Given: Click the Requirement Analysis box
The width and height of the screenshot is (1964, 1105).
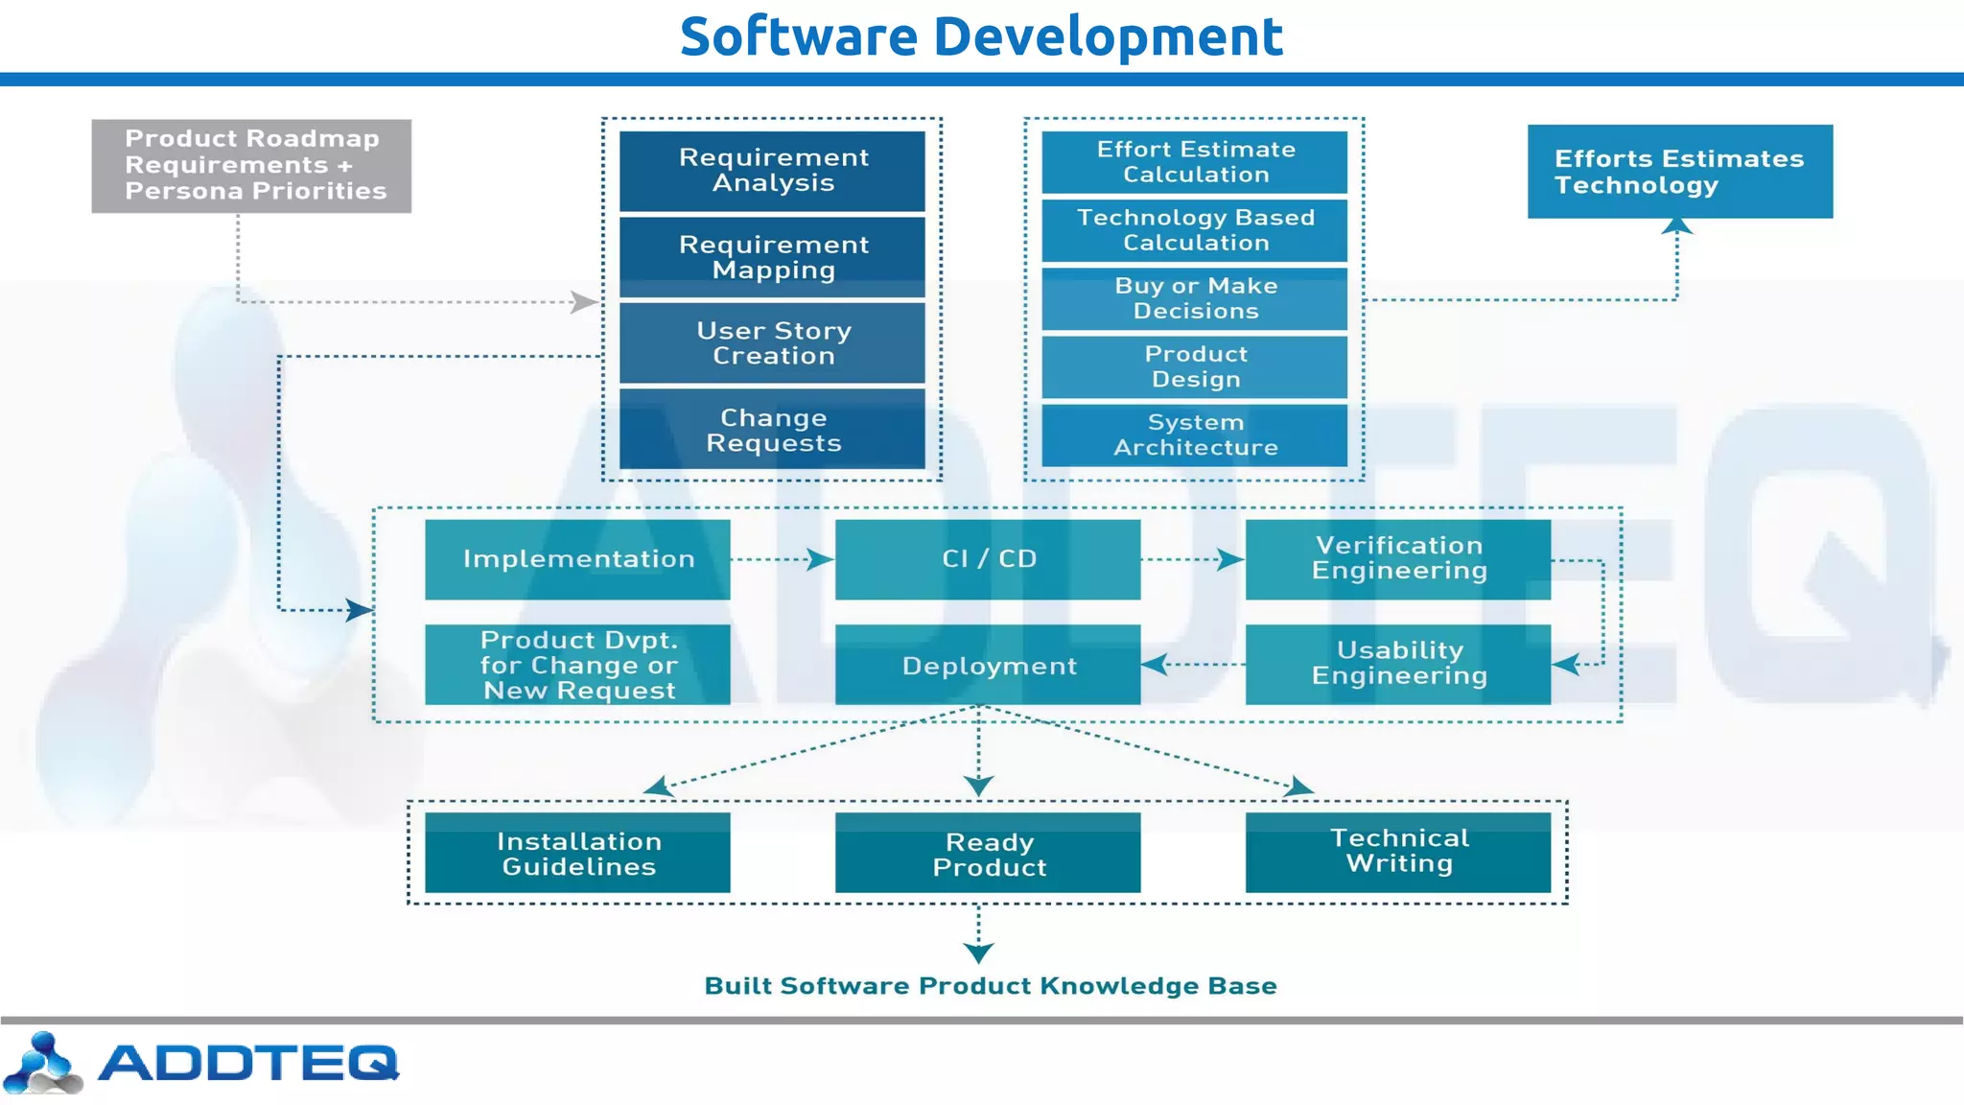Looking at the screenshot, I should [x=772, y=171].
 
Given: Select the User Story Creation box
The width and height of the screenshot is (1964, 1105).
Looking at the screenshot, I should [x=772, y=343].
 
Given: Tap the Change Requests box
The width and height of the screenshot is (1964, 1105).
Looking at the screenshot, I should [x=772, y=430].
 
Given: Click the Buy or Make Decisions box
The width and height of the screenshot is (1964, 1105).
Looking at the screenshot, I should [x=1195, y=298].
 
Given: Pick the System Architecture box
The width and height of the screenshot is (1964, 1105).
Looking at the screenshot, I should [x=1195, y=435].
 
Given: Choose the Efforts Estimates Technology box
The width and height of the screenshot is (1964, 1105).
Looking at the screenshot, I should [x=1679, y=172].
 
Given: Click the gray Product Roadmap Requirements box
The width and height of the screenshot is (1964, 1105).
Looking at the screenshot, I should [x=251, y=165].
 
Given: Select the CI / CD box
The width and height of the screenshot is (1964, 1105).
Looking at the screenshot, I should [x=988, y=559].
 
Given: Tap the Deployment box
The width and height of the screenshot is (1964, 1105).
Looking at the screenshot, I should [x=988, y=665].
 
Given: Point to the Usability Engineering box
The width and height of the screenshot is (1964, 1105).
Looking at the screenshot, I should [x=1398, y=664].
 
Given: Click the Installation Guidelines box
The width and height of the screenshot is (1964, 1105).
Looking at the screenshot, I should [x=577, y=853].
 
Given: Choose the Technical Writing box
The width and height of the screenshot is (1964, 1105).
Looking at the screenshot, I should [x=1398, y=852].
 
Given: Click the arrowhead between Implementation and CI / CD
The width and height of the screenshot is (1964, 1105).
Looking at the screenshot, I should [x=819, y=559].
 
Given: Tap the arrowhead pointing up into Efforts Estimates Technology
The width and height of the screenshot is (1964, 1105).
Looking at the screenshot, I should [x=1676, y=225].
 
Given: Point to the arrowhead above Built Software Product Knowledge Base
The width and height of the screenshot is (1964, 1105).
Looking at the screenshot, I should [x=978, y=952].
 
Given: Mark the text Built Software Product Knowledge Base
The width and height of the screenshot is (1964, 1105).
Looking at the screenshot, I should [x=990, y=986].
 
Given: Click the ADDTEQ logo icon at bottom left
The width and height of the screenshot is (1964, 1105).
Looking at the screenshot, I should [x=42, y=1064].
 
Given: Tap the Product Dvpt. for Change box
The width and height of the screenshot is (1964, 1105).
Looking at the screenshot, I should [x=577, y=665].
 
